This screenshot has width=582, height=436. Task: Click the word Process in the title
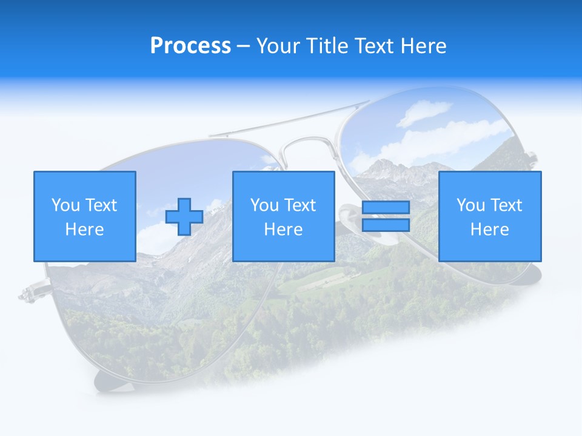[190, 46]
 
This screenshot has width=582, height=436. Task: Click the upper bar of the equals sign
[386, 208]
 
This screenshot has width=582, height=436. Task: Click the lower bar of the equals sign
[386, 225]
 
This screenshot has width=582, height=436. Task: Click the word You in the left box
[65, 205]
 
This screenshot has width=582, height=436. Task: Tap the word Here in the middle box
[283, 230]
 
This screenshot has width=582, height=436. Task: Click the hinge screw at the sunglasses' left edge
[27, 295]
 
